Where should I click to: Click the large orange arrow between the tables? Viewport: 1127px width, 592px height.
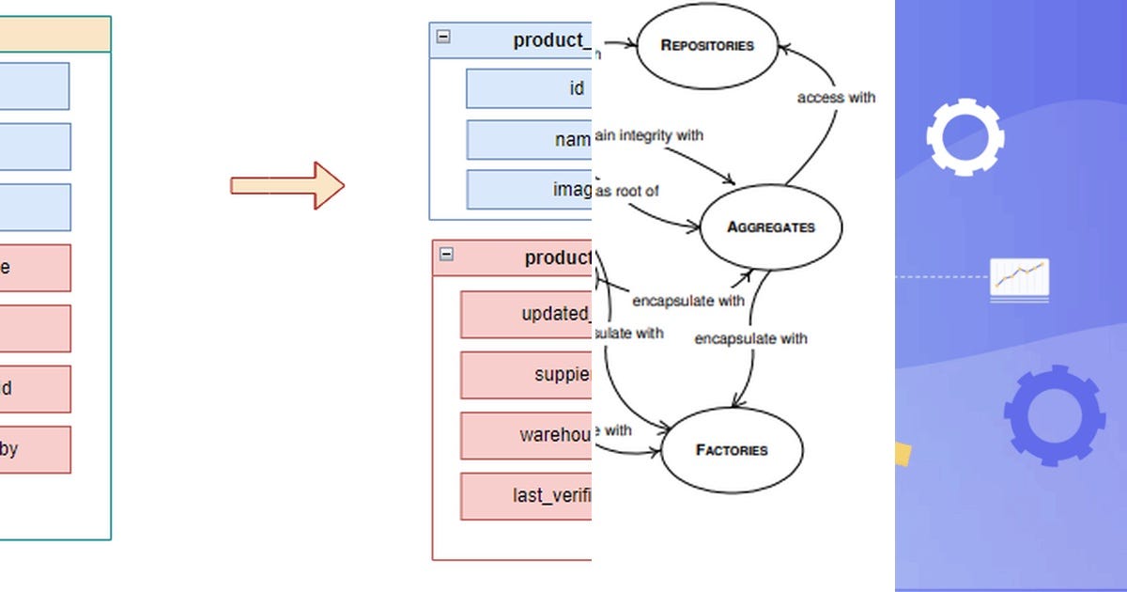point(287,185)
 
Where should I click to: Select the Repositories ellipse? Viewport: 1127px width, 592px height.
point(707,45)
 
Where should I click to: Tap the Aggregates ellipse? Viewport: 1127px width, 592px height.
point(771,227)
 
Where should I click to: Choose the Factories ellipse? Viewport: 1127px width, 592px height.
point(732,450)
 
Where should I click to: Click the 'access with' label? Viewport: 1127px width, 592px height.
point(836,97)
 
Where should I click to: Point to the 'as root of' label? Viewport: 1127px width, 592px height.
point(628,191)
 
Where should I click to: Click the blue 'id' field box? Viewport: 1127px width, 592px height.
point(529,88)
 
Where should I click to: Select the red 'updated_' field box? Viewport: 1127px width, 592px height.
point(526,314)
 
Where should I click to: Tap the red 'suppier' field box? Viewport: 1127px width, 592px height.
point(526,375)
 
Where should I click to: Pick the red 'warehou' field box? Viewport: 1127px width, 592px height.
point(526,435)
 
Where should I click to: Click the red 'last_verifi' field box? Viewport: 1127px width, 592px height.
point(526,496)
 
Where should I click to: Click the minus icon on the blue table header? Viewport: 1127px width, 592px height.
point(443,38)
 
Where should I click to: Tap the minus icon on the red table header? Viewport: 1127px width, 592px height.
point(446,254)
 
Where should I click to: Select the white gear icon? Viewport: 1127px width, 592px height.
point(965,138)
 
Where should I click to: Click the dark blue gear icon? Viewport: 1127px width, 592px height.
point(1054,414)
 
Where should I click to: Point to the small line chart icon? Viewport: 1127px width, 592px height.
point(1019,279)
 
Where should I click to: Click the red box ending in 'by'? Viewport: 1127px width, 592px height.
point(35,449)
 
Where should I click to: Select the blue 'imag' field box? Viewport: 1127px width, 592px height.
point(529,190)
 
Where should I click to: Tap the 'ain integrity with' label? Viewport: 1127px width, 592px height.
point(649,135)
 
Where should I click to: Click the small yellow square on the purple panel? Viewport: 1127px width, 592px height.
point(903,455)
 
